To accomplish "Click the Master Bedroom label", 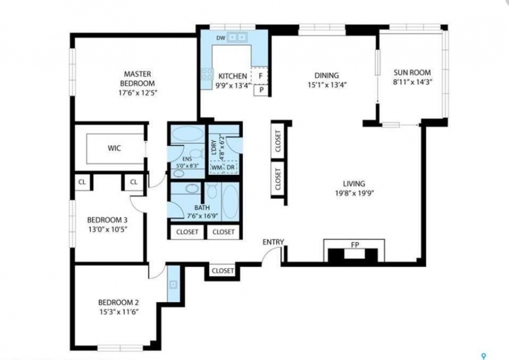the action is click(137, 78).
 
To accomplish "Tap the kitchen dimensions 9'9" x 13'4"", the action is click(233, 85).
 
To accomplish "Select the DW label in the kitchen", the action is click(220, 38).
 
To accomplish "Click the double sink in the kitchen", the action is click(236, 37).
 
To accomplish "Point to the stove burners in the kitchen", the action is click(207, 74).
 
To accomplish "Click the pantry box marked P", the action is click(261, 90).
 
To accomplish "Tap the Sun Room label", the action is click(412, 72).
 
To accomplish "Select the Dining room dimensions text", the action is click(327, 85).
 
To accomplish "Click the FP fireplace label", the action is click(355, 245).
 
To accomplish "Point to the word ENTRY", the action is click(273, 242).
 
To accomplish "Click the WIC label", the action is click(114, 148).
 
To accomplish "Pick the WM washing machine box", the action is click(217, 167).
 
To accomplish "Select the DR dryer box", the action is click(230, 167).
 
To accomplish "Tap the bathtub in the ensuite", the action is click(187, 133).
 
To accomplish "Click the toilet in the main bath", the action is click(212, 190).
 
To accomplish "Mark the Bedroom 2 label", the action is click(118, 302).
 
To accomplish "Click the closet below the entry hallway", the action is click(222, 270).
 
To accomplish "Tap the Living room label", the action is click(354, 183).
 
